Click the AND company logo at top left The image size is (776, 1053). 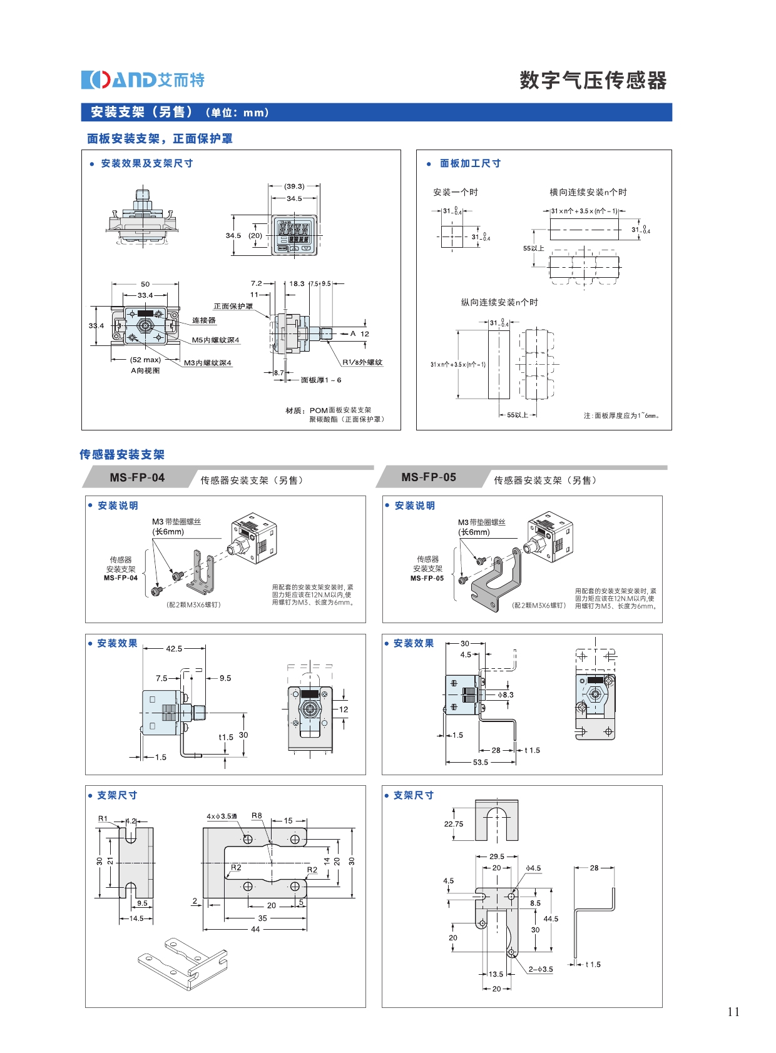[x=143, y=80]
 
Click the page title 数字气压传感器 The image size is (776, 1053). [x=593, y=81]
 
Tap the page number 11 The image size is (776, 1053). [x=733, y=1012]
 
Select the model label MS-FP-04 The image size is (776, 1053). [x=137, y=477]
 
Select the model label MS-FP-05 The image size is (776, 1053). [x=429, y=477]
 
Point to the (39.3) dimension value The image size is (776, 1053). [x=294, y=186]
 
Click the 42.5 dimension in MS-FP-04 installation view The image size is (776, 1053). [x=174, y=649]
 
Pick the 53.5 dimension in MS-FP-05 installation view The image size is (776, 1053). [x=480, y=762]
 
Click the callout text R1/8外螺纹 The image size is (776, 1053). [x=362, y=362]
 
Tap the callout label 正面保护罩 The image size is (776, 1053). [x=233, y=307]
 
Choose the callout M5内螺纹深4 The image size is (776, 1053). [x=215, y=340]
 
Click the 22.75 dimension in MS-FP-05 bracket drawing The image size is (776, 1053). [x=454, y=824]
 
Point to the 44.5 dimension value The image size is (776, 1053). [x=551, y=919]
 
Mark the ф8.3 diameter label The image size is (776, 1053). [x=506, y=695]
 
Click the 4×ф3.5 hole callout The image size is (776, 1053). [x=222, y=816]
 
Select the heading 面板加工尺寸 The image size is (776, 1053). [x=470, y=163]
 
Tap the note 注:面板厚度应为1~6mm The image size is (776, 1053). [x=621, y=415]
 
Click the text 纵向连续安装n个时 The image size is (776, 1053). [x=499, y=303]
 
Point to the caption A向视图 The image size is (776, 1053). [x=145, y=370]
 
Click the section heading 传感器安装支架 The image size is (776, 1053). [x=122, y=455]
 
